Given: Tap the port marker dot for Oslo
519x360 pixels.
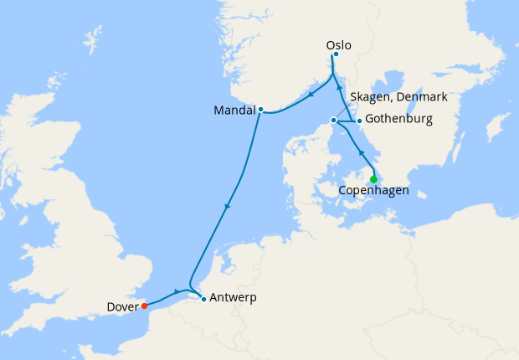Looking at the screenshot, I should [x=336, y=55].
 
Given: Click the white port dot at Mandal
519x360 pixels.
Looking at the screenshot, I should [x=261, y=109].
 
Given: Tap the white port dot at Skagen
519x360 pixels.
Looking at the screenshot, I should [x=333, y=121].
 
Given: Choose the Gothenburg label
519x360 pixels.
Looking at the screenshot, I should [x=398, y=120].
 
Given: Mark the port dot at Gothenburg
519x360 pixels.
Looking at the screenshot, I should [x=359, y=121].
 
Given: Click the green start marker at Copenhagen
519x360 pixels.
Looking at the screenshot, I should [x=373, y=178].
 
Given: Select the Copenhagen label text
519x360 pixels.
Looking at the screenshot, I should [x=373, y=191].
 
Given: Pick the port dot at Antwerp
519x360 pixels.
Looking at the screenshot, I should [x=203, y=298].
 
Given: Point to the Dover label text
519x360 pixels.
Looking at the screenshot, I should [x=123, y=306].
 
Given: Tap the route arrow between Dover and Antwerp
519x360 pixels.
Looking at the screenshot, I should [x=176, y=291].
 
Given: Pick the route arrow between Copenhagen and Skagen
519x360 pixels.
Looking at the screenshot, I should [x=361, y=153].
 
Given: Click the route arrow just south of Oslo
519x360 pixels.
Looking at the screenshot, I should [x=339, y=86].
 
